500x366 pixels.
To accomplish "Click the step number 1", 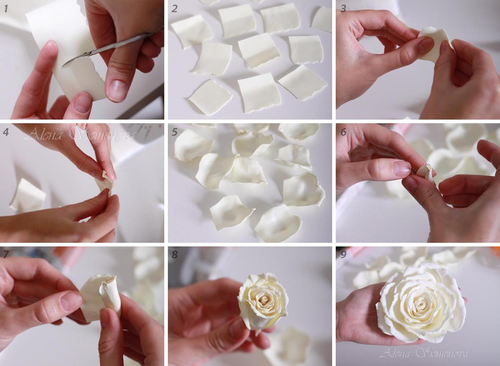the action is (6, 9).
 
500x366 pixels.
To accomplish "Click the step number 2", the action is (175, 9).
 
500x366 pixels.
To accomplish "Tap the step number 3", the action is (343, 8).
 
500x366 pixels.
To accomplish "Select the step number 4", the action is (6, 132).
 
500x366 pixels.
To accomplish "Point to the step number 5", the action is (175, 132).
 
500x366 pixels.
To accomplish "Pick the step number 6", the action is (343, 132).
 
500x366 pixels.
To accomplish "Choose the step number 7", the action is (6, 255).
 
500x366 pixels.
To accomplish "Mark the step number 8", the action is (175, 255).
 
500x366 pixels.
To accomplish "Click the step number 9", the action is (343, 255).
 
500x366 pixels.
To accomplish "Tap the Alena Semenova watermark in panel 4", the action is (80, 134).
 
